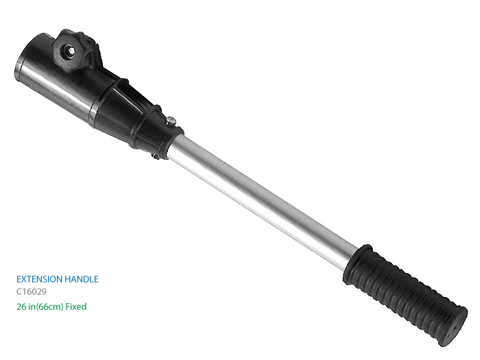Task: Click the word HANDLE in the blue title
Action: (82, 279)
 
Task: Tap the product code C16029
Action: (32, 291)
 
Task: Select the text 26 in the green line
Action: (21, 307)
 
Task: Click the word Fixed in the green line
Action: (76, 307)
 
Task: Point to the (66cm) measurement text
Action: (49, 307)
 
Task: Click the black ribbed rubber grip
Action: (404, 294)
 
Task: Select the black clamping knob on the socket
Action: (73, 51)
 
